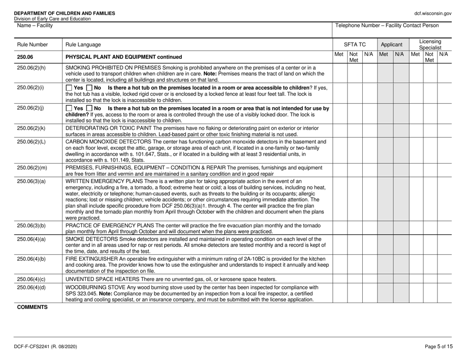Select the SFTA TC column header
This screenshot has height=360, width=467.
(x=354, y=44)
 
